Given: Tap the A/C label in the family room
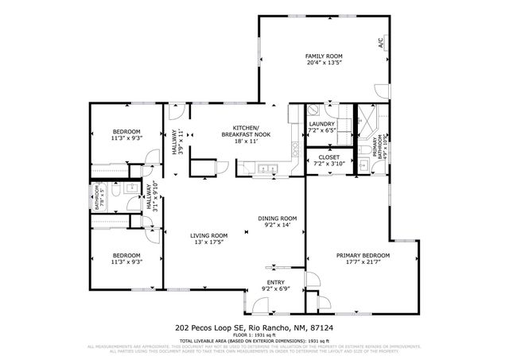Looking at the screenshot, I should pos(381,44).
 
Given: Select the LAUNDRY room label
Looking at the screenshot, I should pos(321,124).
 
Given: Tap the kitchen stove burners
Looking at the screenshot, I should pos(295,149).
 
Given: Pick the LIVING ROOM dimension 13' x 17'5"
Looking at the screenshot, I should pos(208,242).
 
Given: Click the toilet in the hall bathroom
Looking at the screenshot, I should pos(116,191).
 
